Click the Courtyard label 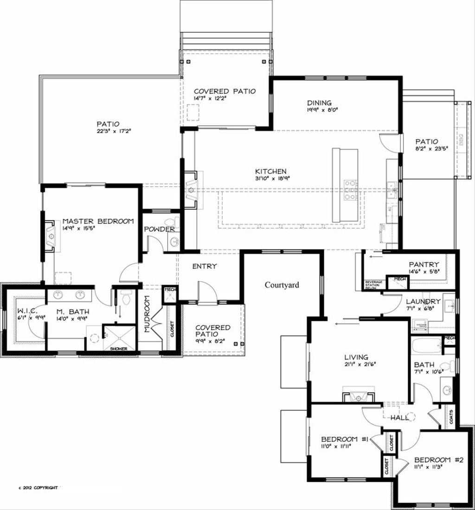point(282,285)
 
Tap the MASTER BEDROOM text point(98,221)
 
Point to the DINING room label point(319,103)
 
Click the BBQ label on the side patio point(461,140)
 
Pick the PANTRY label point(424,264)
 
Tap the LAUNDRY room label point(423,302)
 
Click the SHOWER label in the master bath point(119,348)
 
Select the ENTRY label point(205,267)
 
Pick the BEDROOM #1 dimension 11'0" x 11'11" point(335,446)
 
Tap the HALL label point(399,418)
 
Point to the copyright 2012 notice point(38,488)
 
